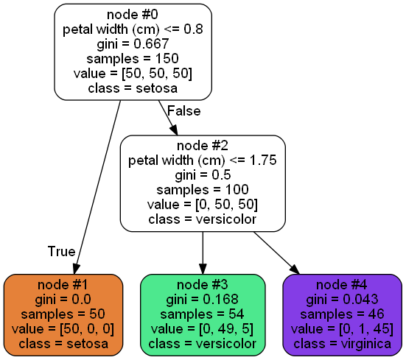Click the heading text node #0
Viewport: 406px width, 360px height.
pyautogui.click(x=133, y=15)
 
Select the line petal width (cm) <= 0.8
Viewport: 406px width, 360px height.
pyautogui.click(x=133, y=29)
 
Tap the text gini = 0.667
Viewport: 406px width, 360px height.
pyautogui.click(x=133, y=44)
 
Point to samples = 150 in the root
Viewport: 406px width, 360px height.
pyautogui.click(x=133, y=59)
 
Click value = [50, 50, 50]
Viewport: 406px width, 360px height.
pyautogui.click(x=133, y=74)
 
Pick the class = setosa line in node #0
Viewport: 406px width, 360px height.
pyautogui.click(x=133, y=88)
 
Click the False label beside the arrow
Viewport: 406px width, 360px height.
pyautogui.click(x=184, y=111)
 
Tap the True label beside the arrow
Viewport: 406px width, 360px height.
pyautogui.click(x=61, y=251)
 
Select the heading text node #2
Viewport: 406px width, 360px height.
pyautogui.click(x=203, y=146)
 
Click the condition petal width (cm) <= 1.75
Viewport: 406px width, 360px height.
pyautogui.click(x=203, y=160)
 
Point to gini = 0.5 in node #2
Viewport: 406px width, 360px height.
pyautogui.click(x=203, y=175)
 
